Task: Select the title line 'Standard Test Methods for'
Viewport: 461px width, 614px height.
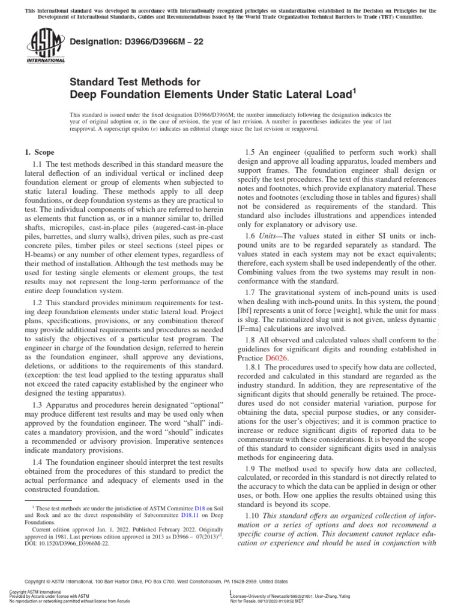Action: (135, 82)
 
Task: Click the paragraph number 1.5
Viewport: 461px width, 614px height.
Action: (254, 153)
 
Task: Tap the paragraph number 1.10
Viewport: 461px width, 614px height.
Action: (256, 516)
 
